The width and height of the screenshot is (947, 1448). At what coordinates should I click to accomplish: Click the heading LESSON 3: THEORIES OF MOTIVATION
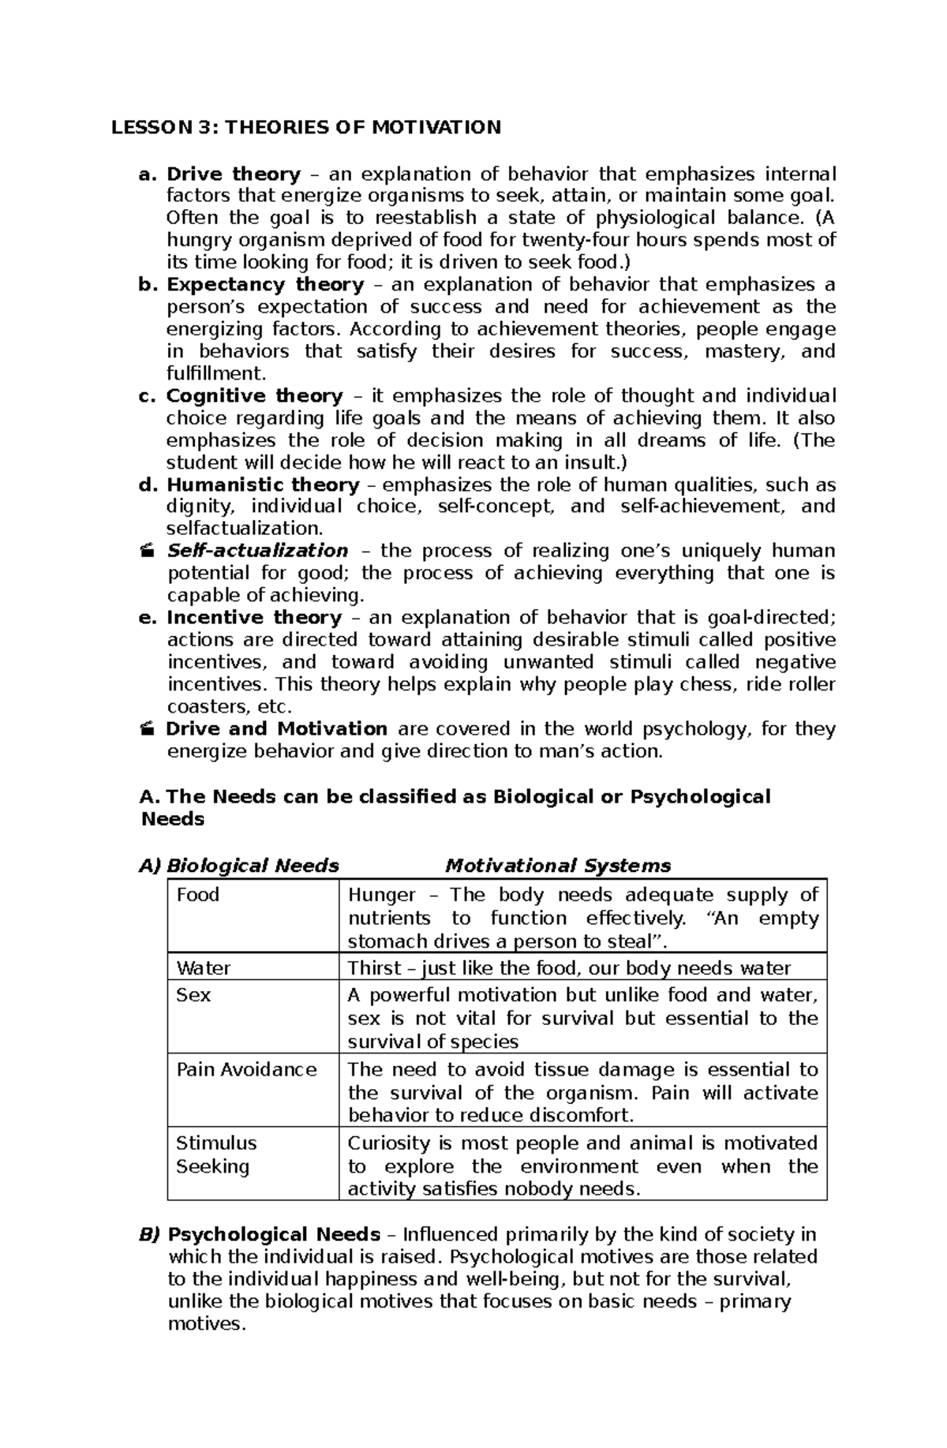pos(305,128)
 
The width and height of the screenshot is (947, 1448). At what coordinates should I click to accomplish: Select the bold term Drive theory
pos(234,174)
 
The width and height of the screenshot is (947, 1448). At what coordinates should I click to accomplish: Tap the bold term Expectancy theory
pos(265,284)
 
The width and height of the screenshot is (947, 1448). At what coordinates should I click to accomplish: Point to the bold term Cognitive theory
pos(254,395)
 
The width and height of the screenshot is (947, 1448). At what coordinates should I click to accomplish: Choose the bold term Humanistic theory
pos(263,485)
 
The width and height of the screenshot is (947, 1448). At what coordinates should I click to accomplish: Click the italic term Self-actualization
pos(257,551)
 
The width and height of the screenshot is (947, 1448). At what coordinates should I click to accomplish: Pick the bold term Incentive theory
pos(253,617)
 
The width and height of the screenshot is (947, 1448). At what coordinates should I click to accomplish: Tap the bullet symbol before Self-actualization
pos(146,552)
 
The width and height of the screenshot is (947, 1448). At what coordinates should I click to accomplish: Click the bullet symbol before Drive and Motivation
pos(146,729)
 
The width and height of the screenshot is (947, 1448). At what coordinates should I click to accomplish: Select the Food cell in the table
pos(197,895)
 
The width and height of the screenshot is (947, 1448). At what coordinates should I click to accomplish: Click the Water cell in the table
pos(204,968)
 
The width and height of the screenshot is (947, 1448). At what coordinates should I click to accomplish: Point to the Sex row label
pos(193,995)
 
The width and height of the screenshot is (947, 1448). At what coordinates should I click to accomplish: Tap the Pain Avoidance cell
pos(246,1069)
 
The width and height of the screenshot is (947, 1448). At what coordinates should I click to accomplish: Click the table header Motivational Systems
pos(558,866)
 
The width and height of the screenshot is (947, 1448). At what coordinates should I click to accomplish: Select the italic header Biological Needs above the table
pos(253,866)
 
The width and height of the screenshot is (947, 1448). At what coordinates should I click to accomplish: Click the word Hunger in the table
pos(382,895)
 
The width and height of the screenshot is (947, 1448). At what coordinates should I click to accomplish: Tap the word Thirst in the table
pos(376,968)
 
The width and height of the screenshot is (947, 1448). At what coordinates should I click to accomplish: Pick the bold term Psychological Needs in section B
pos(274,1234)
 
